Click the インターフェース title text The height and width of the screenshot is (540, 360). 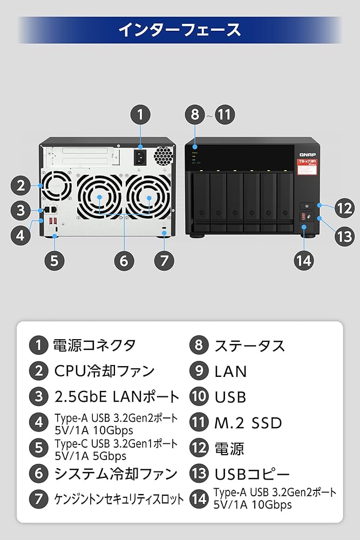[180, 29]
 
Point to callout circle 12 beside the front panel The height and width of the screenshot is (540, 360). [344, 208]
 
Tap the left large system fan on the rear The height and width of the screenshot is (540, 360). [100, 199]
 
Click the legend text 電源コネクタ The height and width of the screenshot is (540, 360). [94, 345]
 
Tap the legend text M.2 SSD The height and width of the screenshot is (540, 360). [248, 422]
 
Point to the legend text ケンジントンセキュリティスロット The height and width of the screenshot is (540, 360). [119, 499]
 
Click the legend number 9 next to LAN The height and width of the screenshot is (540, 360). [199, 370]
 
